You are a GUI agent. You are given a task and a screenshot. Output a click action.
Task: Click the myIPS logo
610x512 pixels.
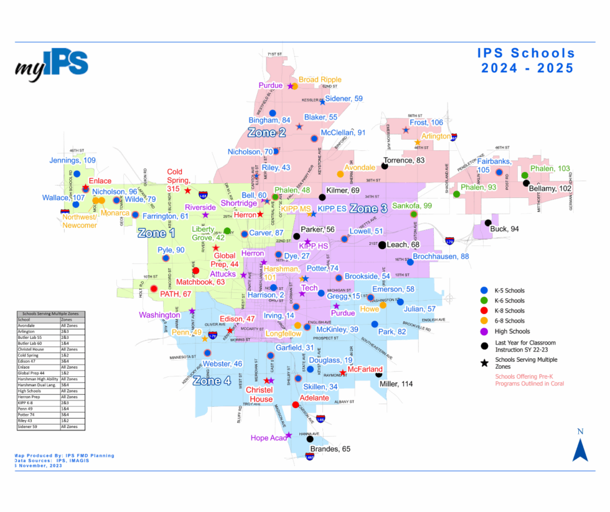52,65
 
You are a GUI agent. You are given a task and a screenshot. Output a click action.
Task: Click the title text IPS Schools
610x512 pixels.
526,53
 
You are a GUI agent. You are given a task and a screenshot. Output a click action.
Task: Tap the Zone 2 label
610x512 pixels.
266,133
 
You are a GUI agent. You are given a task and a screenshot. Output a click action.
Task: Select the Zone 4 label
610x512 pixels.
211,381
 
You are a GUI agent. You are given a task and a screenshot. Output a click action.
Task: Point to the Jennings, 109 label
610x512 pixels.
73,161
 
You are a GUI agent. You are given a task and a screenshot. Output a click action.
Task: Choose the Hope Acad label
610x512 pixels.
268,438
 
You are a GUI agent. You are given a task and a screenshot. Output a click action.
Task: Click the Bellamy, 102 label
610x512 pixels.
550,189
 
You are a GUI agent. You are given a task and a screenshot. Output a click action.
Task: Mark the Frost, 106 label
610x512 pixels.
426,123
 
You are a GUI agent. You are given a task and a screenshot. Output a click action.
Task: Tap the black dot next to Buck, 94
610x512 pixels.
489,222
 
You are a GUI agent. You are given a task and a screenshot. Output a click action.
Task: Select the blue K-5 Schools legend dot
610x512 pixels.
484,290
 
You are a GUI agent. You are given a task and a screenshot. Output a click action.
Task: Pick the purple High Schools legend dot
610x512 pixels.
484,331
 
